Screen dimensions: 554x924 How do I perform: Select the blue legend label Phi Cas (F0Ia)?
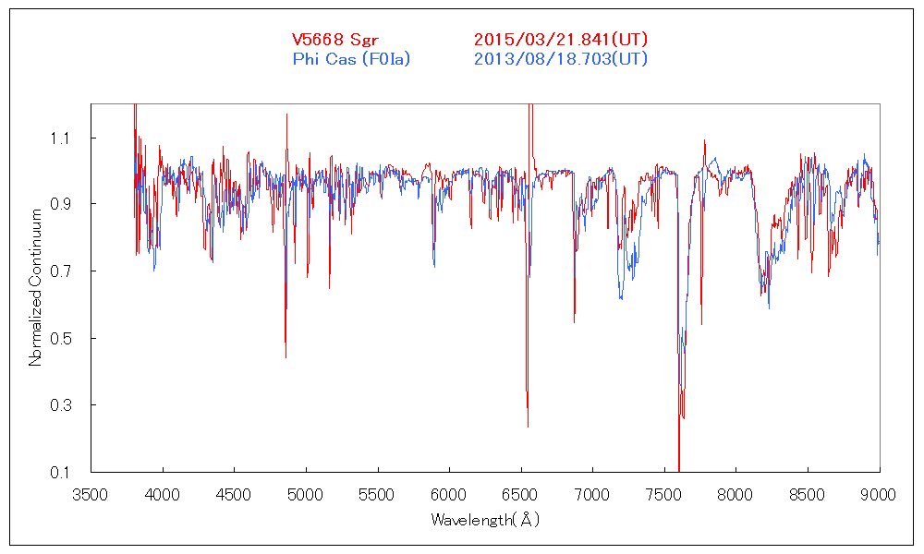point(351,59)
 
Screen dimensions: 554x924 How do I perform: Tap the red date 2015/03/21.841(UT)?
point(561,40)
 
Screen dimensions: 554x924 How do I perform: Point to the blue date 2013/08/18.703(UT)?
point(561,59)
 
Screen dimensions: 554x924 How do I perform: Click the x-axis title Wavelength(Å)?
point(485,520)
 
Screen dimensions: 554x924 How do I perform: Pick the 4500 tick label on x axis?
point(234,494)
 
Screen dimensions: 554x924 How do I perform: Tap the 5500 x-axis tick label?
point(377,494)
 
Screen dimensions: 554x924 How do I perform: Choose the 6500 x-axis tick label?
point(520,494)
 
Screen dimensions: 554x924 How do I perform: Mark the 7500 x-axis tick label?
point(664,494)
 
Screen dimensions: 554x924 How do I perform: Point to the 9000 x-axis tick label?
point(879,494)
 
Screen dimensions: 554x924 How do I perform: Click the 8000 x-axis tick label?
point(736,494)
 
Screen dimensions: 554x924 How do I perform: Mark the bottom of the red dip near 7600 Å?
point(679,470)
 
